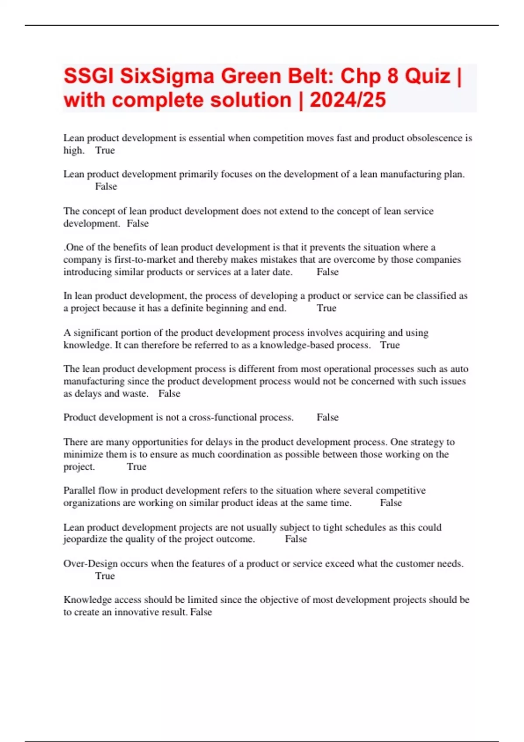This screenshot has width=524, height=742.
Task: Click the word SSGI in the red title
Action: coord(89,76)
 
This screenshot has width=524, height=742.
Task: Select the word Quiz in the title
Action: coord(427,76)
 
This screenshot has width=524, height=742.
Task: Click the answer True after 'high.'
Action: coord(105,150)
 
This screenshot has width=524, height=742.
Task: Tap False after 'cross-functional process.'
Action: coord(327,417)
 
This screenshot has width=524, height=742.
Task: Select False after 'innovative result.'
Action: coord(201,612)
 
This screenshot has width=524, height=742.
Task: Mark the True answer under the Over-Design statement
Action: coord(105,576)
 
